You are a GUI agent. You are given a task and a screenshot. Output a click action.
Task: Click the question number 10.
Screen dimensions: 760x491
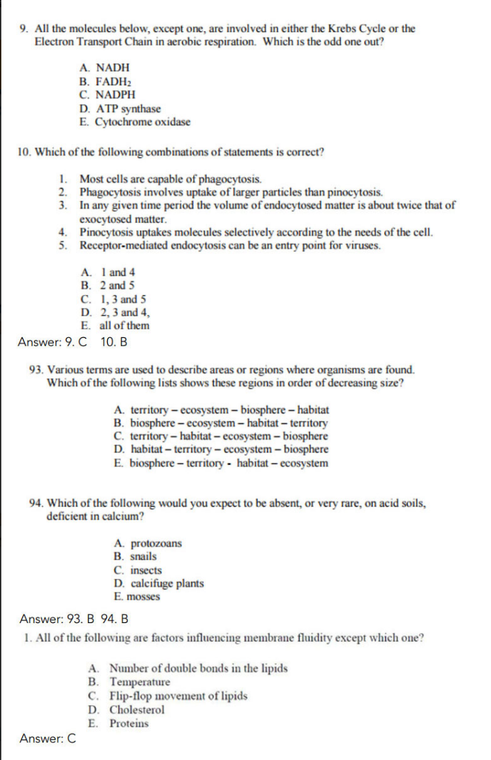24,152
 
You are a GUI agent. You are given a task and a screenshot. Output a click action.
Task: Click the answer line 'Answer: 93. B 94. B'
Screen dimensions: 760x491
74,619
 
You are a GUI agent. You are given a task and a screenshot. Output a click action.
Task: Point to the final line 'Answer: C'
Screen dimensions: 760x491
48,739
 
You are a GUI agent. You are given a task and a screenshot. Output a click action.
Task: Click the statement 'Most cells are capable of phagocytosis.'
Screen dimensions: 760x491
171,179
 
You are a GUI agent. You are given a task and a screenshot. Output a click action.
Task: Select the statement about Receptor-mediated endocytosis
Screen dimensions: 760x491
230,246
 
